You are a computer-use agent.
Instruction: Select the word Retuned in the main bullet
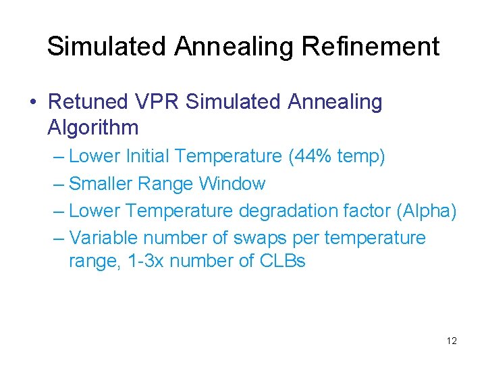pos(88,102)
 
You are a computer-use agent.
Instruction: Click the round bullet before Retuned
pos(34,103)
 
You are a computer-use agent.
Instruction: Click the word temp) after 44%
pos(360,157)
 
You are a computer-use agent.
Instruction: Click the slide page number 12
pos(452,341)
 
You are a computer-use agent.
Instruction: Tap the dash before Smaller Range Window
pos(58,184)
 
